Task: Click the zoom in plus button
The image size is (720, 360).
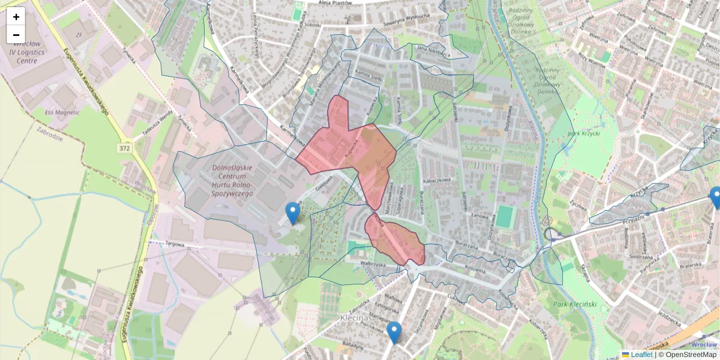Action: (x=16, y=16)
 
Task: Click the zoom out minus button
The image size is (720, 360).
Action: (x=16, y=35)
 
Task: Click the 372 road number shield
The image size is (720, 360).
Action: (x=124, y=148)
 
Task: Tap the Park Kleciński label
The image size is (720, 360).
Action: (x=575, y=304)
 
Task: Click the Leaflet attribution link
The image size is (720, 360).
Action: (x=641, y=355)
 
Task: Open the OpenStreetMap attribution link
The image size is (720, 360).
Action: (x=691, y=355)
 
